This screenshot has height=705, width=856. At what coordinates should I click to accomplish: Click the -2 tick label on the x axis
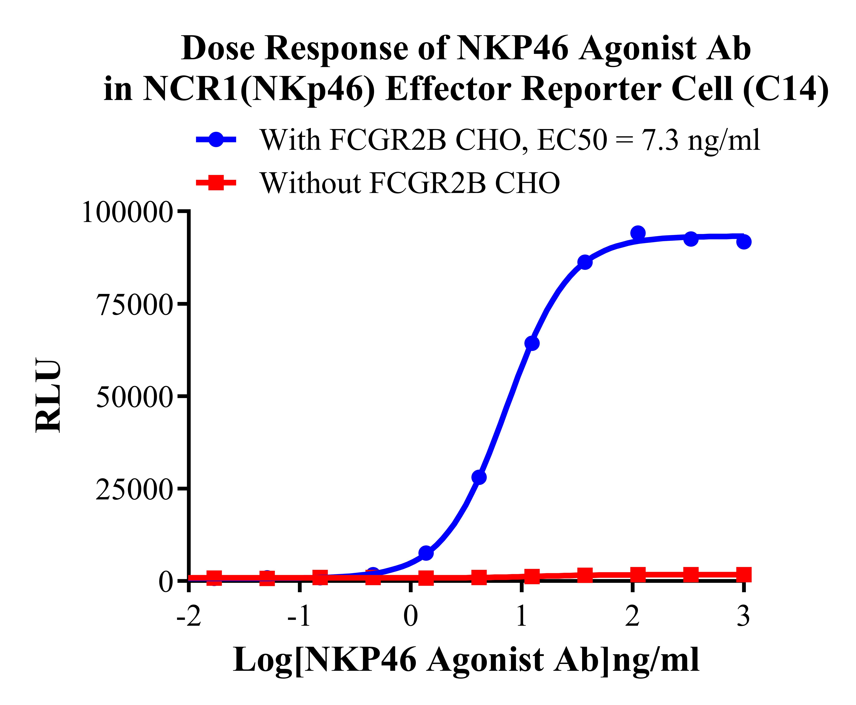tap(189, 617)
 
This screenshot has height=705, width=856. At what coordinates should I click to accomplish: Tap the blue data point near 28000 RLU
tap(479, 477)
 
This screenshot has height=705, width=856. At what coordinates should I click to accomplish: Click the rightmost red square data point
tap(743, 575)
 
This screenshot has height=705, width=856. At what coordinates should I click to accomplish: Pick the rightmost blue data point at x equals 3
tap(743, 242)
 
